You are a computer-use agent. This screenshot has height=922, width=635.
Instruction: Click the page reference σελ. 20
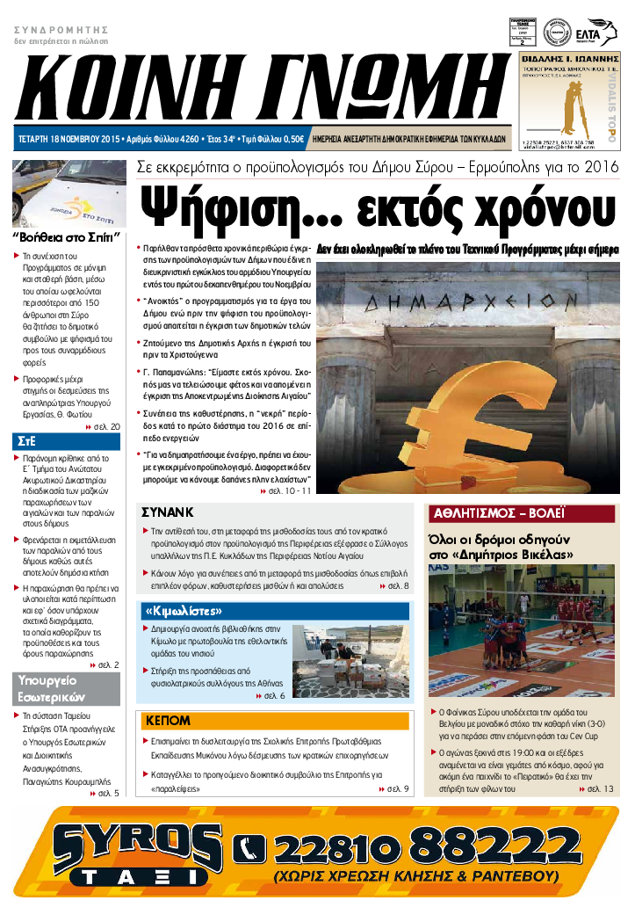point(104,425)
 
